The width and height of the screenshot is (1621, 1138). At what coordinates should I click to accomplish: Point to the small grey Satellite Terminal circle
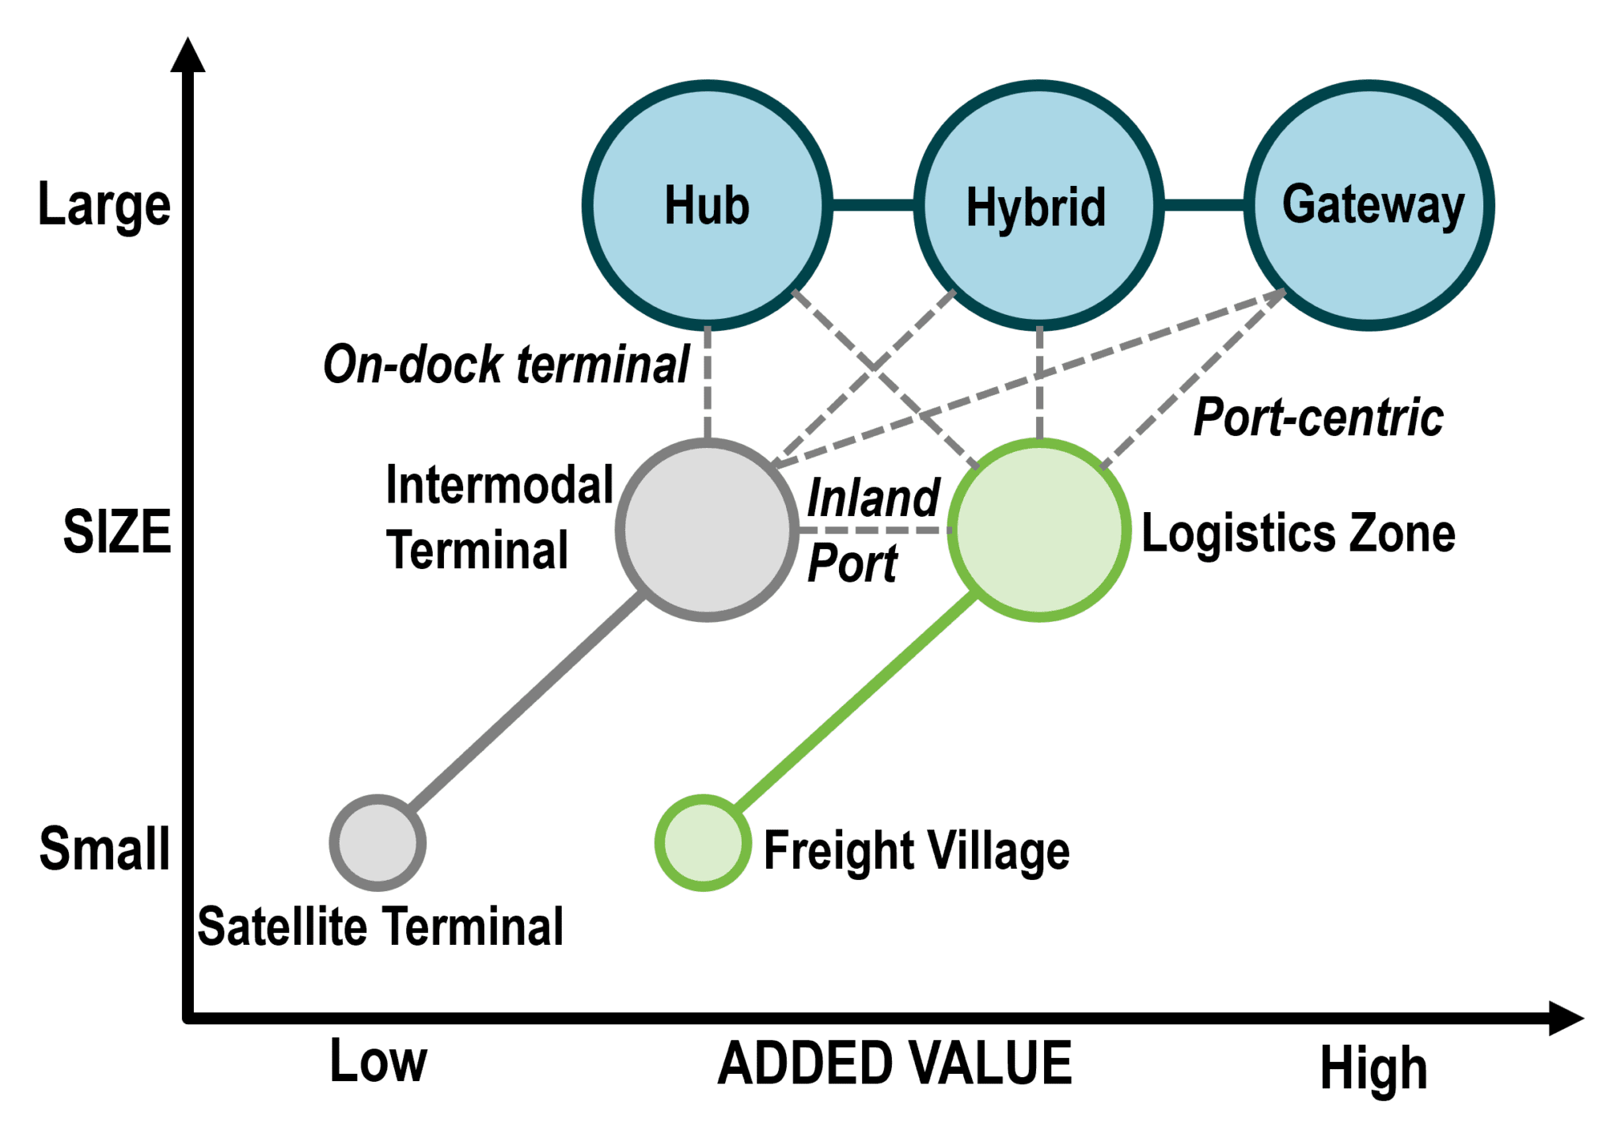click(x=378, y=843)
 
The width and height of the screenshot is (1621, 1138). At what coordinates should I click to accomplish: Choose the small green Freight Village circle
click(x=703, y=843)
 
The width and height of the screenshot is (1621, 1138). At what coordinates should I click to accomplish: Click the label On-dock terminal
click(x=507, y=365)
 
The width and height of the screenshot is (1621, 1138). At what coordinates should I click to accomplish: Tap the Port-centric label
click(x=1318, y=417)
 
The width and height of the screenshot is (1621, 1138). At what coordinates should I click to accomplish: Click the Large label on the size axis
click(x=104, y=205)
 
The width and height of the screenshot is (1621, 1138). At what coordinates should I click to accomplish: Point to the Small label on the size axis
click(x=104, y=848)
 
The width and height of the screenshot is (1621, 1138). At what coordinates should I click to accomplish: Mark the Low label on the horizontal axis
click(x=378, y=1061)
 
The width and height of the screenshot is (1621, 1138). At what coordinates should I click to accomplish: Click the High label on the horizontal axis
click(x=1373, y=1069)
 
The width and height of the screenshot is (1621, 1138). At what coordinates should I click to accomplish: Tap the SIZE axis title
click(x=117, y=531)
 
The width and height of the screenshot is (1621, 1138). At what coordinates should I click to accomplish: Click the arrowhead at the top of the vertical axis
click(x=188, y=55)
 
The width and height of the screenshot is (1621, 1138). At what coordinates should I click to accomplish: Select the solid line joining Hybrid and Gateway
click(x=1204, y=205)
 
